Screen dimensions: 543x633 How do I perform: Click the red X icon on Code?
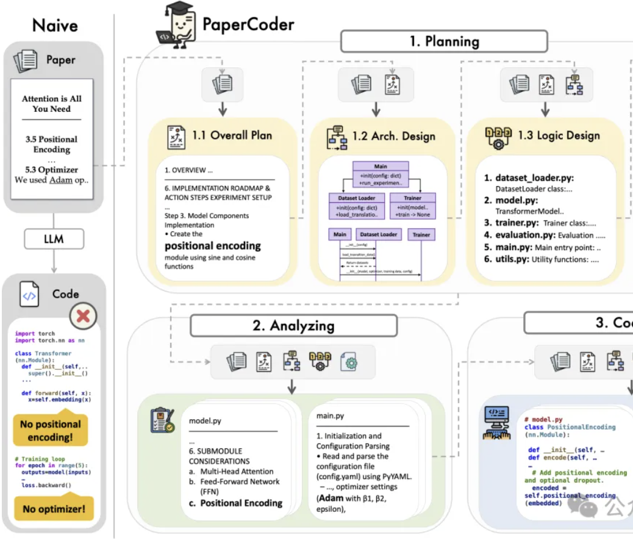coord(83,316)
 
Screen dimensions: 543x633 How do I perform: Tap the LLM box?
coord(54,239)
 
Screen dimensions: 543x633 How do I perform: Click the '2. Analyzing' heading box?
coord(293,325)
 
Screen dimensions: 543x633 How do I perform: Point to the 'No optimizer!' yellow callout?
coord(54,508)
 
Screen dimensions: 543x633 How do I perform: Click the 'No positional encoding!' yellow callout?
coord(50,431)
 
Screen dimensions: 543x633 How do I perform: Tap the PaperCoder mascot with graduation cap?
coord(177,26)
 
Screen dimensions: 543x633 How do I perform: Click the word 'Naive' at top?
coord(55,25)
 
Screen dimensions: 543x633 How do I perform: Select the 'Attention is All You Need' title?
coord(52,104)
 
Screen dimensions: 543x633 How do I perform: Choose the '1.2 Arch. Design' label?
coord(393,135)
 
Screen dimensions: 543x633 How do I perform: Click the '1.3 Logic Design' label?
coord(559,135)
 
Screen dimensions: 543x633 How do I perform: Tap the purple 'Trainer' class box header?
coord(412,198)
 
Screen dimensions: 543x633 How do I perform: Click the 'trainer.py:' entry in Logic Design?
coord(517,223)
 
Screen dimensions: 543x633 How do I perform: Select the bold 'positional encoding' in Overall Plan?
coord(212,246)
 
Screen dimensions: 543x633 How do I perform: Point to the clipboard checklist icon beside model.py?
coord(162,421)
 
